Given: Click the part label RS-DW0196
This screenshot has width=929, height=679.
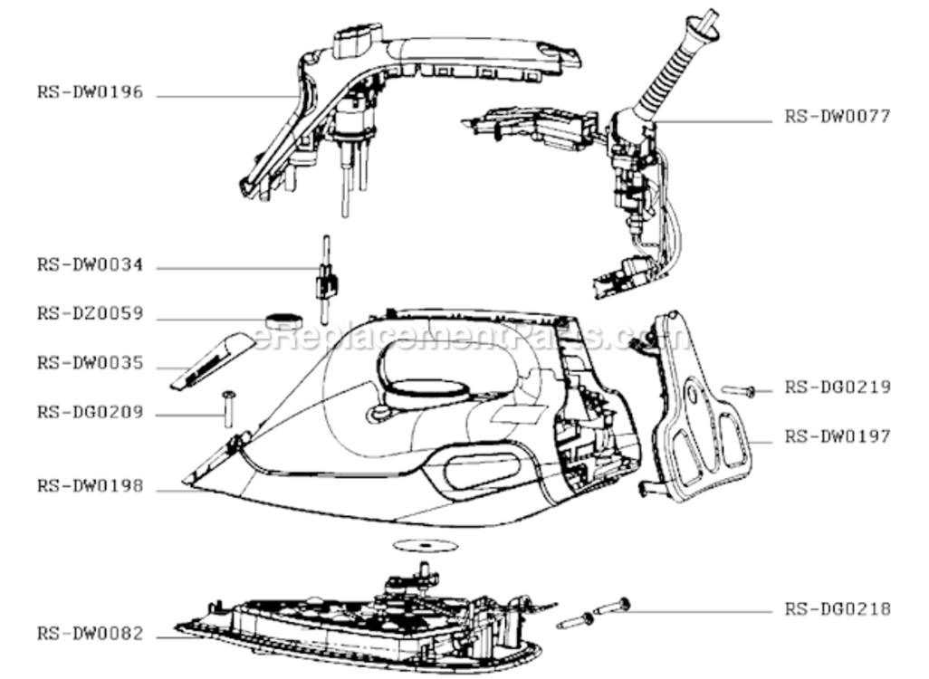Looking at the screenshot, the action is coord(90,92).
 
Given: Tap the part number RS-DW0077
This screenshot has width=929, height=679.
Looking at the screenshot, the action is coord(838,116).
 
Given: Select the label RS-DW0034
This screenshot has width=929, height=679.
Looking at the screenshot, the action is coord(90,265).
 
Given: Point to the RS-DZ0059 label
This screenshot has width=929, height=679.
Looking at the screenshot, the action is coord(90,313).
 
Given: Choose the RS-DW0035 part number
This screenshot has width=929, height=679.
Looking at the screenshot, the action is coord(90,363).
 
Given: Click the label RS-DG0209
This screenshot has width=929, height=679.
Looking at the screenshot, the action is coord(90,412).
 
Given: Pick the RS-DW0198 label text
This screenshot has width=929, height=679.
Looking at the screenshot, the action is coord(90,486).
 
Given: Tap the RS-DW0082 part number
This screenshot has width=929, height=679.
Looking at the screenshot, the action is coord(90,634).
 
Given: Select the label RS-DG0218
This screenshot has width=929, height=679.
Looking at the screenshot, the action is coord(838,609).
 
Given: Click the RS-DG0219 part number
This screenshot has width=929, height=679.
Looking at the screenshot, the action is coord(838,387).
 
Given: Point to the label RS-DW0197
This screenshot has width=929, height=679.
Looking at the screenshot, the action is coord(838,436).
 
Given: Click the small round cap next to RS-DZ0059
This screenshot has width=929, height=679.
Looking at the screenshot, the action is coord(283,320).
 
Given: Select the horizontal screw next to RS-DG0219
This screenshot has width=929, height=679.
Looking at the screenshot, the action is coord(738,390).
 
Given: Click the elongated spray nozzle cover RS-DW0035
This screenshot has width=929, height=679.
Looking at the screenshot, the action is coord(212,361).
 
